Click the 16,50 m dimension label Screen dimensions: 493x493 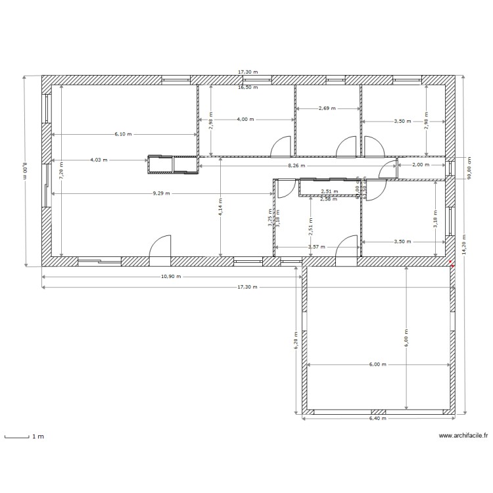coord(248,87)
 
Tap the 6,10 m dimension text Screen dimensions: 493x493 coord(123,134)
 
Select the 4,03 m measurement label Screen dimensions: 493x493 coord(100,160)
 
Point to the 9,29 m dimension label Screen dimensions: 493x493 coord(161,193)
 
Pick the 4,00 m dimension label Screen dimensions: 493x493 coord(245,120)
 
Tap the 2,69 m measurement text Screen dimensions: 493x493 coord(327,108)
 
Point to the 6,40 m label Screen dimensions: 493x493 coord(377,418)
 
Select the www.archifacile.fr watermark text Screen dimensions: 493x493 coord(463,435)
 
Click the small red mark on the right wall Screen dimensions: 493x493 coord(452,265)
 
